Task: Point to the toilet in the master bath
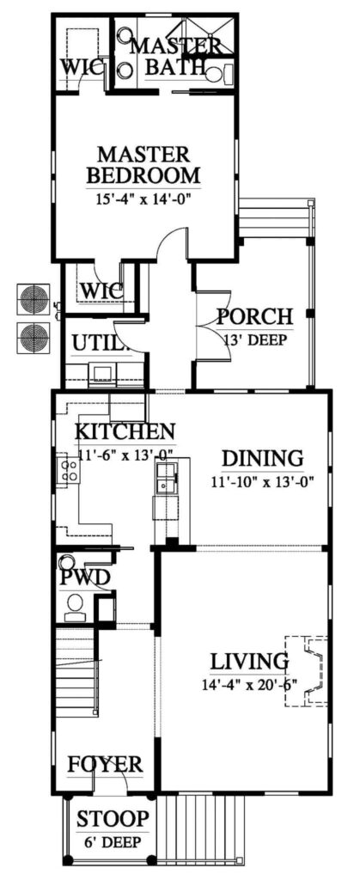[225, 73]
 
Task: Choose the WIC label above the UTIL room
[101, 290]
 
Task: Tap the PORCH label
[254, 316]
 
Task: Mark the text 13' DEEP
[254, 338]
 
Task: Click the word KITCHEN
[125, 431]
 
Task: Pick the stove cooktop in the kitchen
[67, 469]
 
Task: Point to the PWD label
[84, 577]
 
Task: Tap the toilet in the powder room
[75, 606]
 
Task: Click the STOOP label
[113, 818]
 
